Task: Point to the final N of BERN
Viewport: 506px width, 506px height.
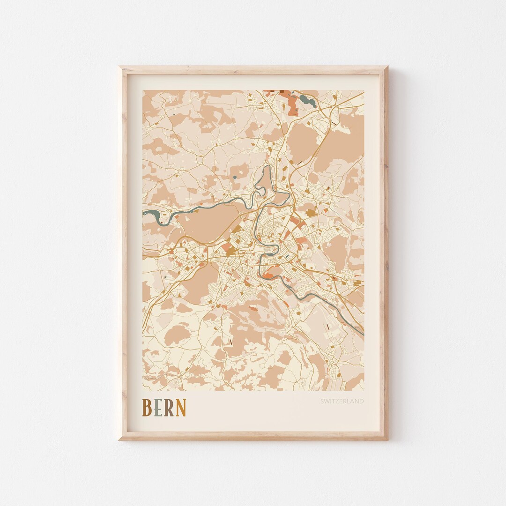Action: pos(181,408)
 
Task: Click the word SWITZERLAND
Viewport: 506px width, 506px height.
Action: pos(342,401)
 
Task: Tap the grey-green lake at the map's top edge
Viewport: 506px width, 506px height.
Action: pos(305,99)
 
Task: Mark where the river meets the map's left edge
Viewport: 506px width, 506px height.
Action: pos(144,213)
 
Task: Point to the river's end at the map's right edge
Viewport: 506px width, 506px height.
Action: pos(362,333)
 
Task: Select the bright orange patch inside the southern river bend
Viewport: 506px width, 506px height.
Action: pos(268,275)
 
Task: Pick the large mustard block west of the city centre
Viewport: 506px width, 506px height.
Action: pos(231,251)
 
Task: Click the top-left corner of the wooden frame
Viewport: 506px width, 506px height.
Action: pos(120,67)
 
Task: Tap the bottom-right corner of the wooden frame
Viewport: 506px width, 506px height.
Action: pos(387,439)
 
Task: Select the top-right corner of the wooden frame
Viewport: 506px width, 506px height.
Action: pos(387,67)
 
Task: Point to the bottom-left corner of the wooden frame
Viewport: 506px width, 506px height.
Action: pos(120,439)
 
